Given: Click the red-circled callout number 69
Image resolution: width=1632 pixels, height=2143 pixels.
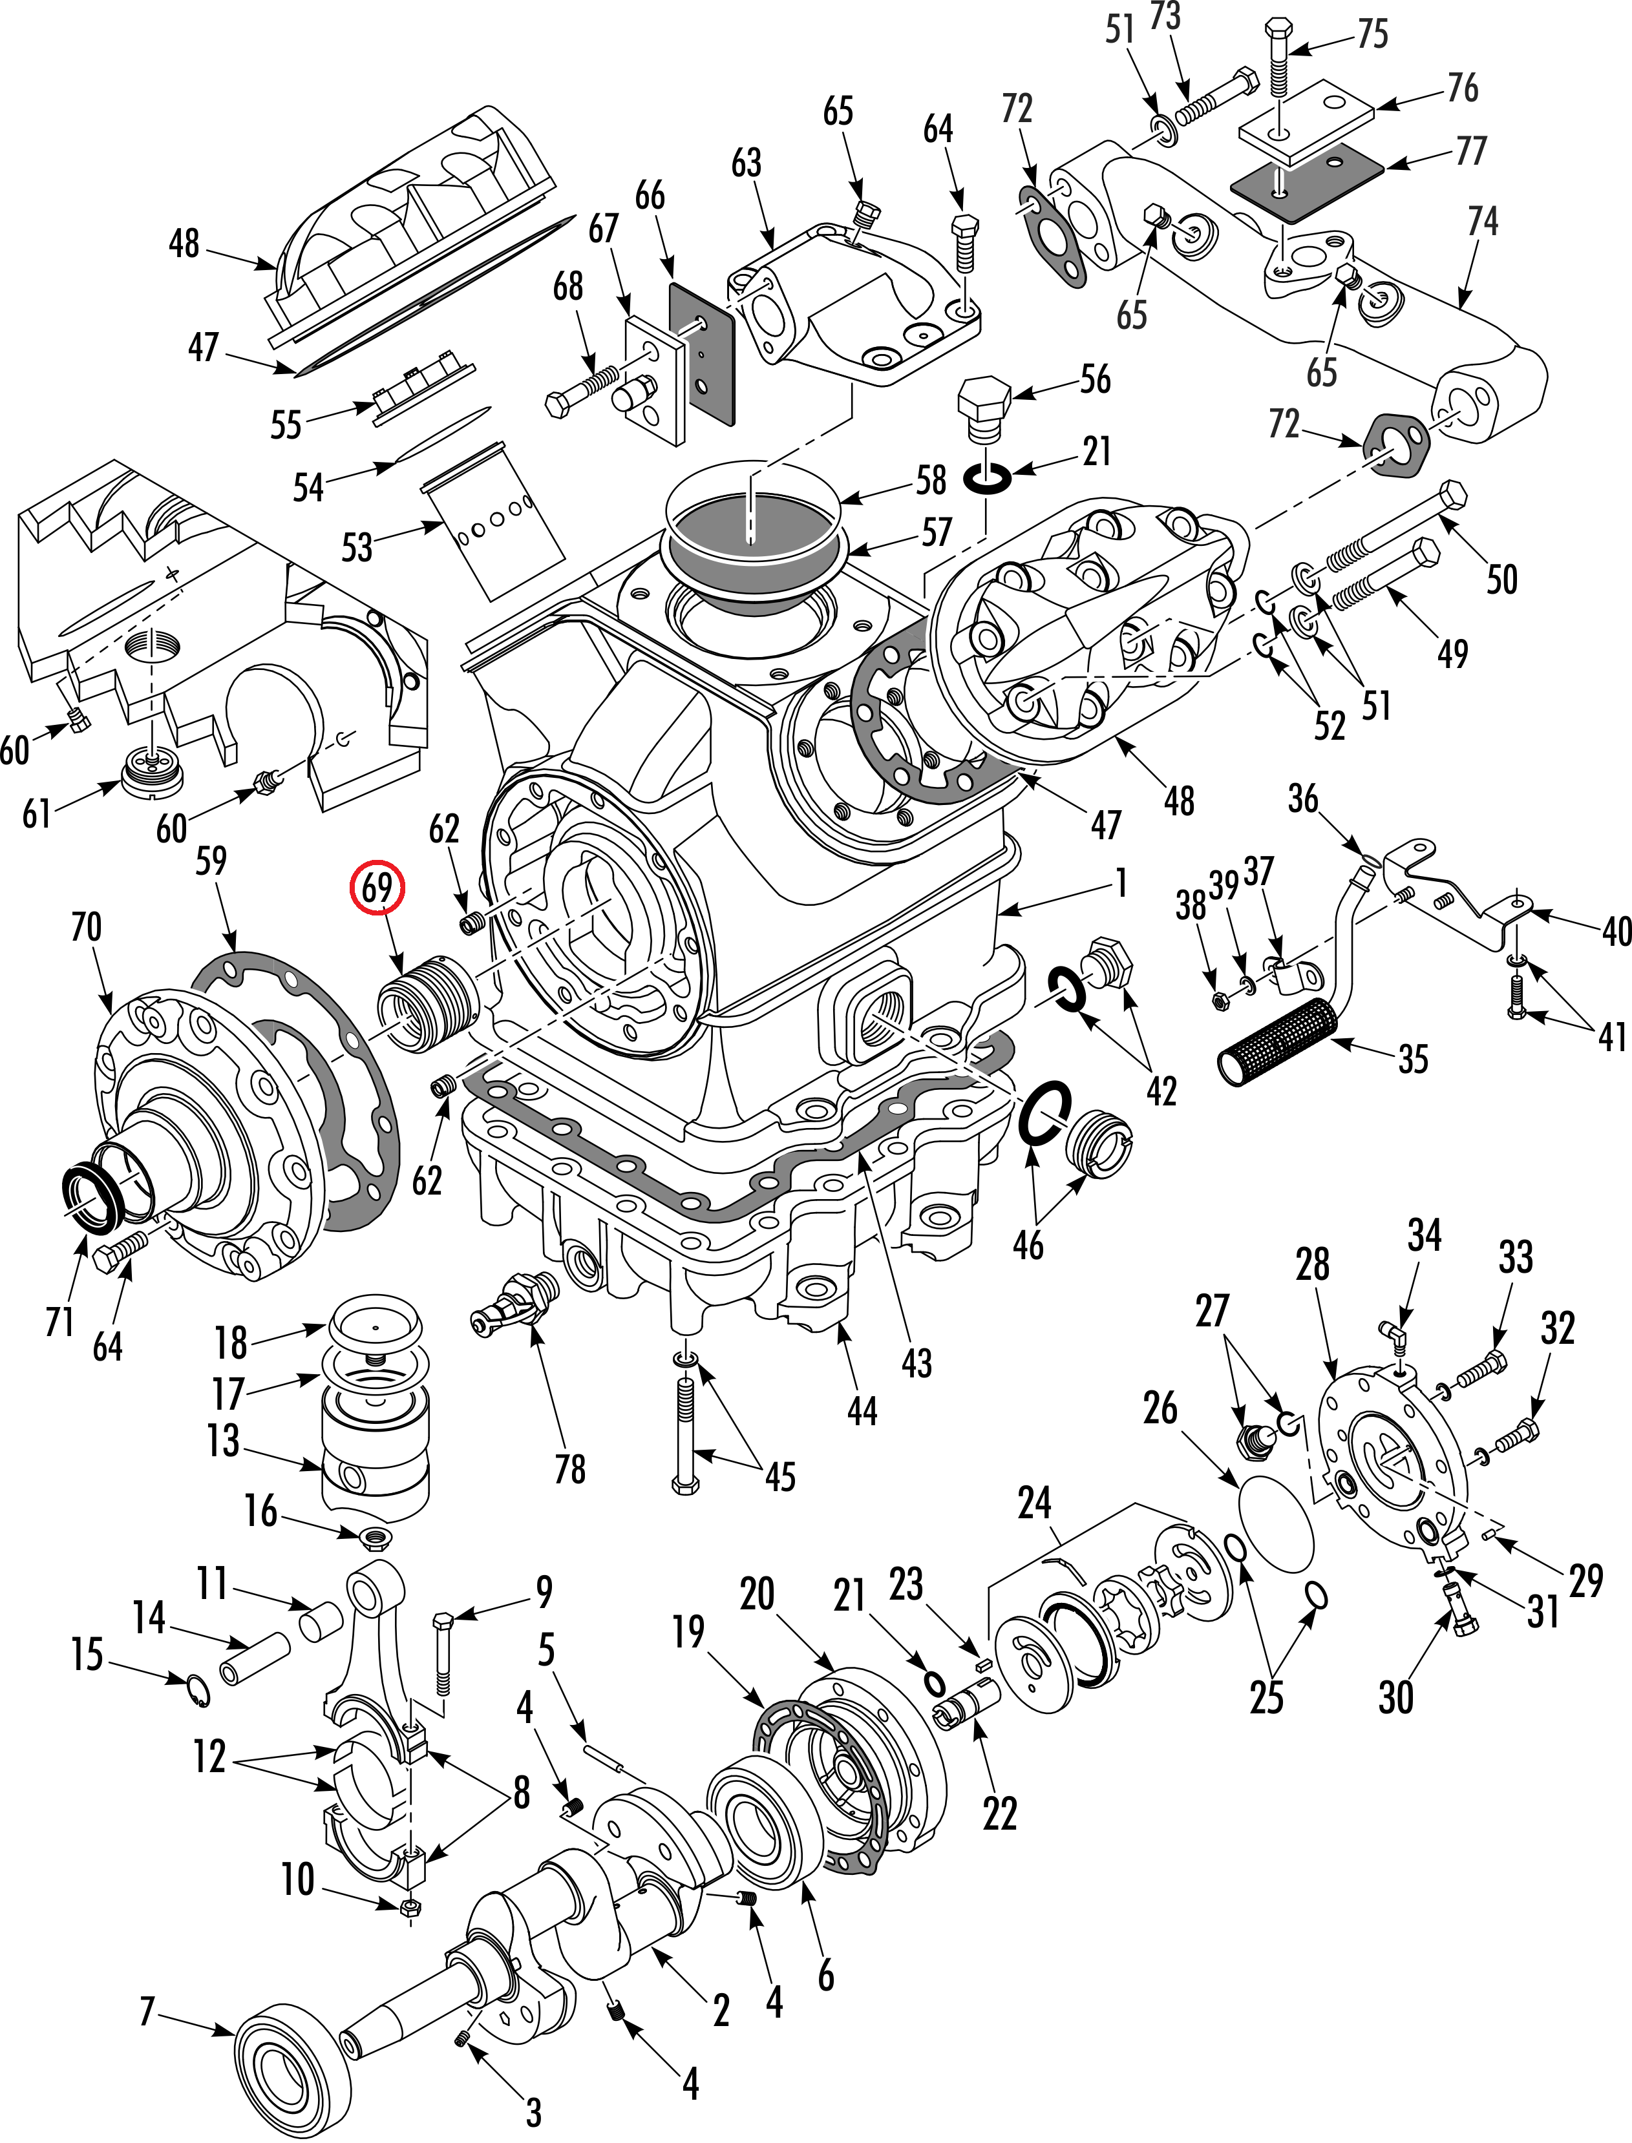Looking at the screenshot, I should tap(377, 888).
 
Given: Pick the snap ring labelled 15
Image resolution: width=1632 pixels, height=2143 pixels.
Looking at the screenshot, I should tap(198, 1691).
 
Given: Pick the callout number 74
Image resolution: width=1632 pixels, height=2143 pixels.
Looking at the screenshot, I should tap(1481, 222).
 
